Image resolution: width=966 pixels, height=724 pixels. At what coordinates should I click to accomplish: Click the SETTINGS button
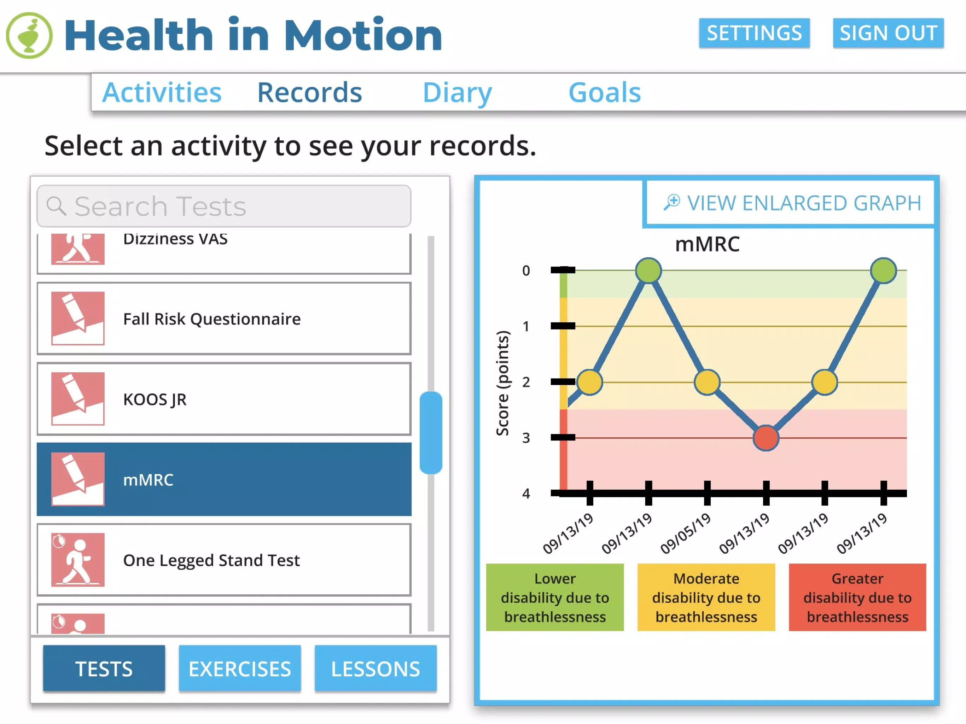point(754,33)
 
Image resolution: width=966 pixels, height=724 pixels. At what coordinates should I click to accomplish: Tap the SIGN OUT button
point(888,33)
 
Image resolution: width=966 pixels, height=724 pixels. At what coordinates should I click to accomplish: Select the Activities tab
point(162,93)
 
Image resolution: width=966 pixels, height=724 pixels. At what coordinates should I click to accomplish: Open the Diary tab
point(457,93)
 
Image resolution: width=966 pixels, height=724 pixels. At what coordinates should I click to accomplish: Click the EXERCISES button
point(240,668)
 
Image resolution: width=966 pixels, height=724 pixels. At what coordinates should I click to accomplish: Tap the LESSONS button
point(376,668)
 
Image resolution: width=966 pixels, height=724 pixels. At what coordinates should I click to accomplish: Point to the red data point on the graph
point(766,438)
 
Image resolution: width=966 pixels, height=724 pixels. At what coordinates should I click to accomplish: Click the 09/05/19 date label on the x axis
point(685,533)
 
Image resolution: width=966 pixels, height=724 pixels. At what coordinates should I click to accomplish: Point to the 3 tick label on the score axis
point(526,438)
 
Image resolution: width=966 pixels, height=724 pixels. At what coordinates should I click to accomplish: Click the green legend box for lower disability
point(555,597)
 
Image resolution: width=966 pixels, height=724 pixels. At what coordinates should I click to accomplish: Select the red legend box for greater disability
point(857,597)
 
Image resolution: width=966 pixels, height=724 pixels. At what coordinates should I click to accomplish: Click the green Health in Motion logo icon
point(29,35)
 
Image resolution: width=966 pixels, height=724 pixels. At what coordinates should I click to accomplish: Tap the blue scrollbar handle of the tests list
point(431,433)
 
